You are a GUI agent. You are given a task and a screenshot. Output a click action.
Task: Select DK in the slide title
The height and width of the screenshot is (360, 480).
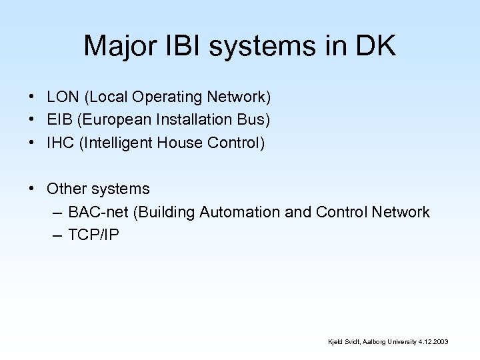click(x=377, y=46)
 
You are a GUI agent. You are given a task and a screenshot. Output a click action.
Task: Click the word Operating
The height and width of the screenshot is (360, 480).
click(x=166, y=97)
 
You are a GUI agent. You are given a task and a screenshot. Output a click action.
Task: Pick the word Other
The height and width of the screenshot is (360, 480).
click(x=67, y=189)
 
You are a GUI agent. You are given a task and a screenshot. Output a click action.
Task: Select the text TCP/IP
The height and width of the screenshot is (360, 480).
click(x=94, y=235)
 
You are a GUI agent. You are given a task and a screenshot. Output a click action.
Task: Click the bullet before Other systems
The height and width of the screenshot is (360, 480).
click(x=32, y=189)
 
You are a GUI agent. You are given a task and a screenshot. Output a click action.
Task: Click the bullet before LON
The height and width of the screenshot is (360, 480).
click(x=32, y=97)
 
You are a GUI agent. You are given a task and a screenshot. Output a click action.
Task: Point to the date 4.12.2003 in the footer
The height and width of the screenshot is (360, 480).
click(x=433, y=341)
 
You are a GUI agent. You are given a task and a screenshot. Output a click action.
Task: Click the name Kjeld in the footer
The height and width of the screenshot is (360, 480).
click(x=335, y=341)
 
